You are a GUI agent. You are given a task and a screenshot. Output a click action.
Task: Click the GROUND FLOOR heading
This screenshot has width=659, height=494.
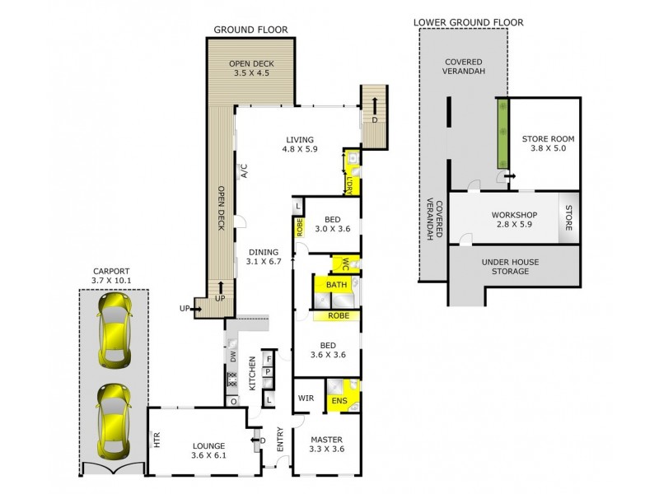pyautogui.click(x=250, y=30)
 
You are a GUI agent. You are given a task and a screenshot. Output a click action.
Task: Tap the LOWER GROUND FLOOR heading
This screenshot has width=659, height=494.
pyautogui.click(x=469, y=22)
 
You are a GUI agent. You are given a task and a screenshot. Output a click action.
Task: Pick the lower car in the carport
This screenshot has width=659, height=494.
pyautogui.click(x=113, y=422)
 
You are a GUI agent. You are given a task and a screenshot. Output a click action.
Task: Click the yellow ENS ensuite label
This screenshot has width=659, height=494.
pyautogui.click(x=339, y=402)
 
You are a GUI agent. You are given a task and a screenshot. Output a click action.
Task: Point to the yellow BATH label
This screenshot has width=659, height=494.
pyautogui.click(x=336, y=285)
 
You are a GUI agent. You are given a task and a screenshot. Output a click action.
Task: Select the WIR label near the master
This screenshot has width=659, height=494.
pyautogui.click(x=306, y=398)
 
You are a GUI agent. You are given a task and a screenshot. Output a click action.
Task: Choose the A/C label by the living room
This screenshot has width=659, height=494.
pyautogui.click(x=244, y=171)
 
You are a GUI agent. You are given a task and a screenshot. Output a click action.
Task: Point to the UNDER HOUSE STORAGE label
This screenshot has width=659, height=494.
pyautogui.click(x=510, y=266)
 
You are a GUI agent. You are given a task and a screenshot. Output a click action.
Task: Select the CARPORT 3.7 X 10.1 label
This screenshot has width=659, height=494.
pyautogui.click(x=112, y=276)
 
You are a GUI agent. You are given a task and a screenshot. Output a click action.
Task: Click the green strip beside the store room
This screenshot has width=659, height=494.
pyautogui.click(x=499, y=130)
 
